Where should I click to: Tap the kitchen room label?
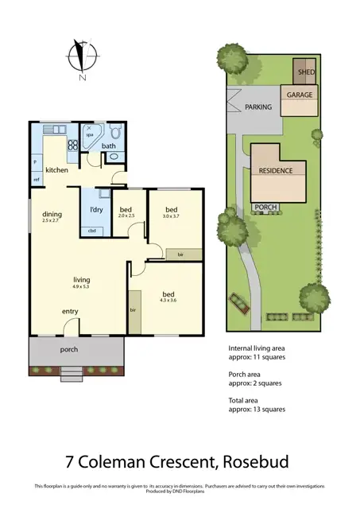click(56, 171)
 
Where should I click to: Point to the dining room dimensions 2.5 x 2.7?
click(52, 220)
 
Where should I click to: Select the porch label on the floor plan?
click(69, 349)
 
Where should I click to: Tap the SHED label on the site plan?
click(306, 72)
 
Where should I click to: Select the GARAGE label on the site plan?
click(300, 95)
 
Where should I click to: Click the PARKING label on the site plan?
click(258, 107)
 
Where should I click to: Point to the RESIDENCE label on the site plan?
click(276, 170)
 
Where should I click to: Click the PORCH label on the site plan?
click(266, 208)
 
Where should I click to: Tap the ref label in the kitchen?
click(37, 180)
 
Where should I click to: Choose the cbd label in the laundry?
click(91, 231)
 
